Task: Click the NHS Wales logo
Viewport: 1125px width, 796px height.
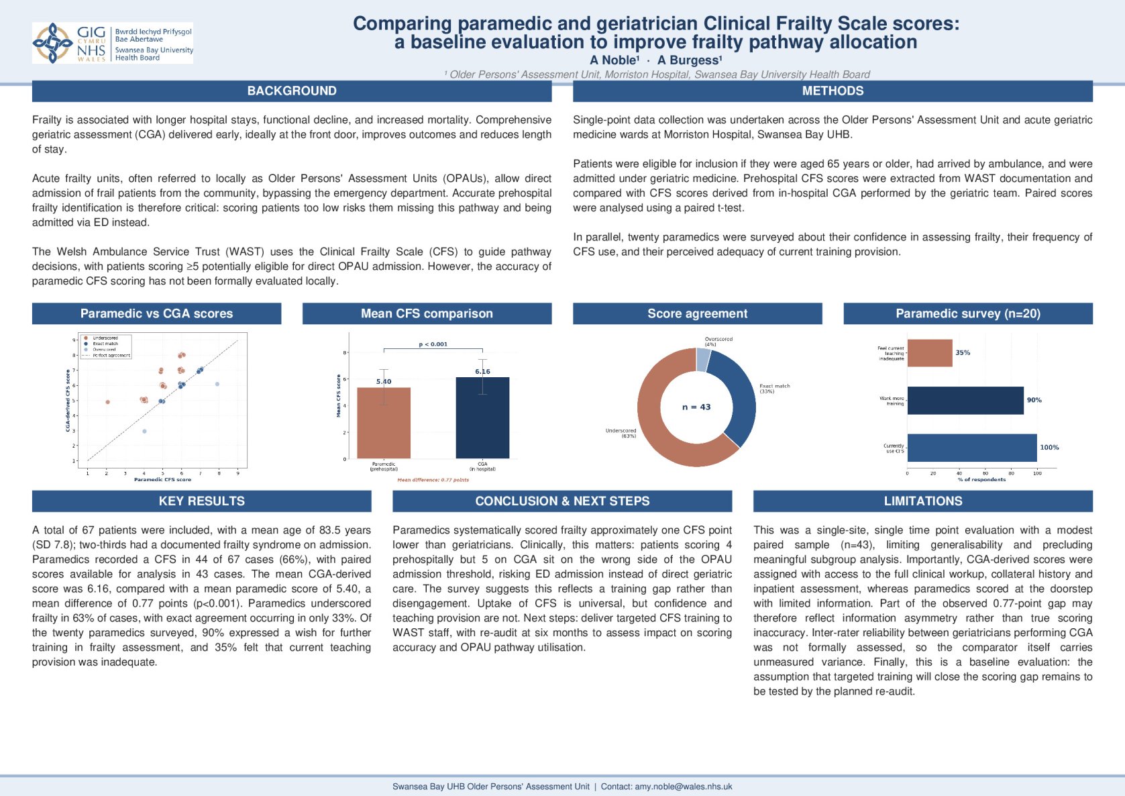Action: coord(112,43)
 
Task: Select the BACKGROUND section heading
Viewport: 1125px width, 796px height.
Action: coord(292,91)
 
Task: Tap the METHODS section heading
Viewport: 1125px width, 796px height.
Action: coord(833,91)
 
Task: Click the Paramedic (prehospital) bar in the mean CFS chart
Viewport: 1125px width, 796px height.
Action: coord(384,423)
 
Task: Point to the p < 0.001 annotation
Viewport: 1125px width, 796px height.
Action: coord(433,344)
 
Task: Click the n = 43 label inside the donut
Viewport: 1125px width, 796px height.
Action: coord(696,407)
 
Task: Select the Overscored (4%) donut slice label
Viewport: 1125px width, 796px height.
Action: coord(718,342)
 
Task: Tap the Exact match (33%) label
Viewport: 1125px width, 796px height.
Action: coord(774,389)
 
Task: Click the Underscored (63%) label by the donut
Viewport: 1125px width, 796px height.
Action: coord(621,433)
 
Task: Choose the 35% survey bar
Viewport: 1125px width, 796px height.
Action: coord(929,353)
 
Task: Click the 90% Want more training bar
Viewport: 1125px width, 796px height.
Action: coord(965,400)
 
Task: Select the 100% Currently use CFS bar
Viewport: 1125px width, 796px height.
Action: coord(971,448)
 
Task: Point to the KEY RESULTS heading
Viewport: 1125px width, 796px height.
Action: coord(201,501)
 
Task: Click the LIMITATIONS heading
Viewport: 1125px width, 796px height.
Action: coord(922,501)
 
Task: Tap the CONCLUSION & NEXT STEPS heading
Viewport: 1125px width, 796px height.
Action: coord(562,501)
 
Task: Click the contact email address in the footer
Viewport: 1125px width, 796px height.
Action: coord(684,787)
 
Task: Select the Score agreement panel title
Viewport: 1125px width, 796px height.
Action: coord(697,313)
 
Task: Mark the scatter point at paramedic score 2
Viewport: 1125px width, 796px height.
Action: coord(107,402)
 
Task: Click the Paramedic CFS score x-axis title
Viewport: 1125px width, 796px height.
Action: coord(162,479)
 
